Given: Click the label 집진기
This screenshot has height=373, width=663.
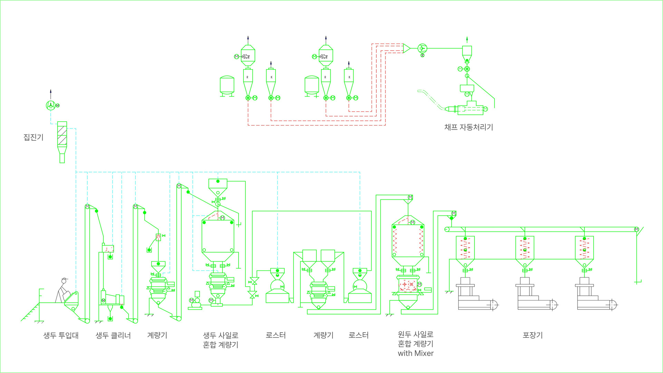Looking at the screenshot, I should [x=33, y=137].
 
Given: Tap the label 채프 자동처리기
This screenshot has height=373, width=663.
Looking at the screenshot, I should [x=469, y=127].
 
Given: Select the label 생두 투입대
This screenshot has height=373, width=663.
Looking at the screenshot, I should [x=61, y=335].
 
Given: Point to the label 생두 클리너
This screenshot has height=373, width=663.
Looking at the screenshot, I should [x=113, y=335].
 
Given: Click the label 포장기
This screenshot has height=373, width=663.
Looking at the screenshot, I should [x=532, y=335].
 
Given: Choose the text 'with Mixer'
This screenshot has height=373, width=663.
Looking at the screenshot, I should [x=415, y=353].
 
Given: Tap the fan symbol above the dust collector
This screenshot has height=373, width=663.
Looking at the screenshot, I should [x=50, y=105].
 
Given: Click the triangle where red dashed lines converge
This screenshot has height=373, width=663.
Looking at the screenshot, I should [x=406, y=48].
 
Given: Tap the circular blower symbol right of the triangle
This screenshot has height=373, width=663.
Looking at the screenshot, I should [x=422, y=48].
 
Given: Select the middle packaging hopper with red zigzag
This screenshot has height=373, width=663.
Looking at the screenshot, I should [x=525, y=248].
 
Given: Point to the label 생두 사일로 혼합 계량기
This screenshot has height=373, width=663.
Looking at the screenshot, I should [x=221, y=340].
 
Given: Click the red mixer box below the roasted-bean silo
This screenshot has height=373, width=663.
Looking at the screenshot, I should [x=408, y=285].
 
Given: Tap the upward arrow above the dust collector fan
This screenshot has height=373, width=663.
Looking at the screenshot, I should [x=50, y=94].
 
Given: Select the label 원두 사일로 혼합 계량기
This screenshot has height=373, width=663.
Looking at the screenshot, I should [x=415, y=339].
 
